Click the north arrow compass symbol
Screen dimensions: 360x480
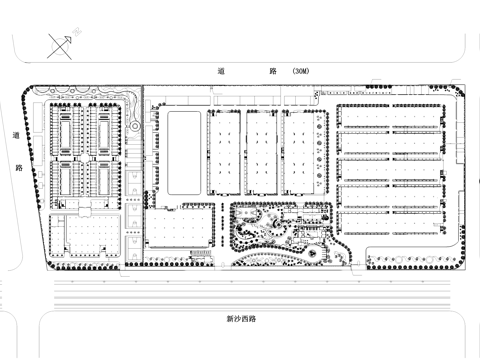click(58, 45)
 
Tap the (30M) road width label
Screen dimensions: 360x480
click(300, 72)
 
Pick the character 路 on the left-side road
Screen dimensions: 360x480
click(17, 168)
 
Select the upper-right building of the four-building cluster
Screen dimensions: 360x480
click(103, 128)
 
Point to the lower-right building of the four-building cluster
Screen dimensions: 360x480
click(103, 180)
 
